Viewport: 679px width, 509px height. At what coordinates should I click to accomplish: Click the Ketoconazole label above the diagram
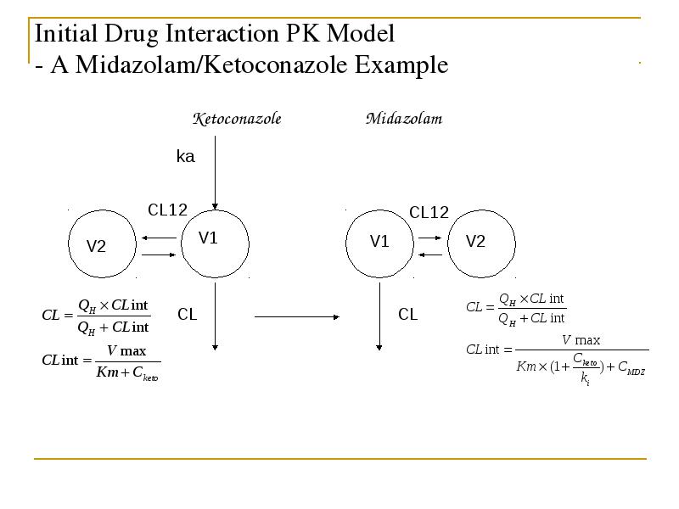click(237, 119)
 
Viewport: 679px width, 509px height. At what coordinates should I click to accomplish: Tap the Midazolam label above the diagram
click(404, 119)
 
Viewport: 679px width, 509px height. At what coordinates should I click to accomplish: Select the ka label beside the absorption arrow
click(185, 156)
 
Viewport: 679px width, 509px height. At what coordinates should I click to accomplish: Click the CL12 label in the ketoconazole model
click(167, 210)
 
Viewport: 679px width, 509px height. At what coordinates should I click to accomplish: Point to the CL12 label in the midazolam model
click(429, 213)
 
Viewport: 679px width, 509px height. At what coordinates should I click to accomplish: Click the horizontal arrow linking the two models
click(297, 316)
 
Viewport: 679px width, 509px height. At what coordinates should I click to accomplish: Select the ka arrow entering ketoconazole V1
click(216, 173)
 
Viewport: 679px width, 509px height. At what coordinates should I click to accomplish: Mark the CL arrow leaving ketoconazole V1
click(216, 316)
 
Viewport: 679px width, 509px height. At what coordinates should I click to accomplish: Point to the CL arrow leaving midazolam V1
click(379, 316)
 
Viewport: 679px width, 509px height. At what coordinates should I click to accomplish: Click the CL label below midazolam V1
click(408, 314)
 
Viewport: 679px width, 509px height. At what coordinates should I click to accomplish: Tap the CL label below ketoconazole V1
click(187, 314)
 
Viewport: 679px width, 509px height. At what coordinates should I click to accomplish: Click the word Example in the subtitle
click(401, 65)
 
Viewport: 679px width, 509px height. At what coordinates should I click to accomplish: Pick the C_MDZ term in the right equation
click(631, 368)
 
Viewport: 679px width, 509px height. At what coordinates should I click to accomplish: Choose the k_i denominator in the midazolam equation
click(585, 378)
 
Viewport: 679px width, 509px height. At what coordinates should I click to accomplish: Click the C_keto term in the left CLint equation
click(145, 373)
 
